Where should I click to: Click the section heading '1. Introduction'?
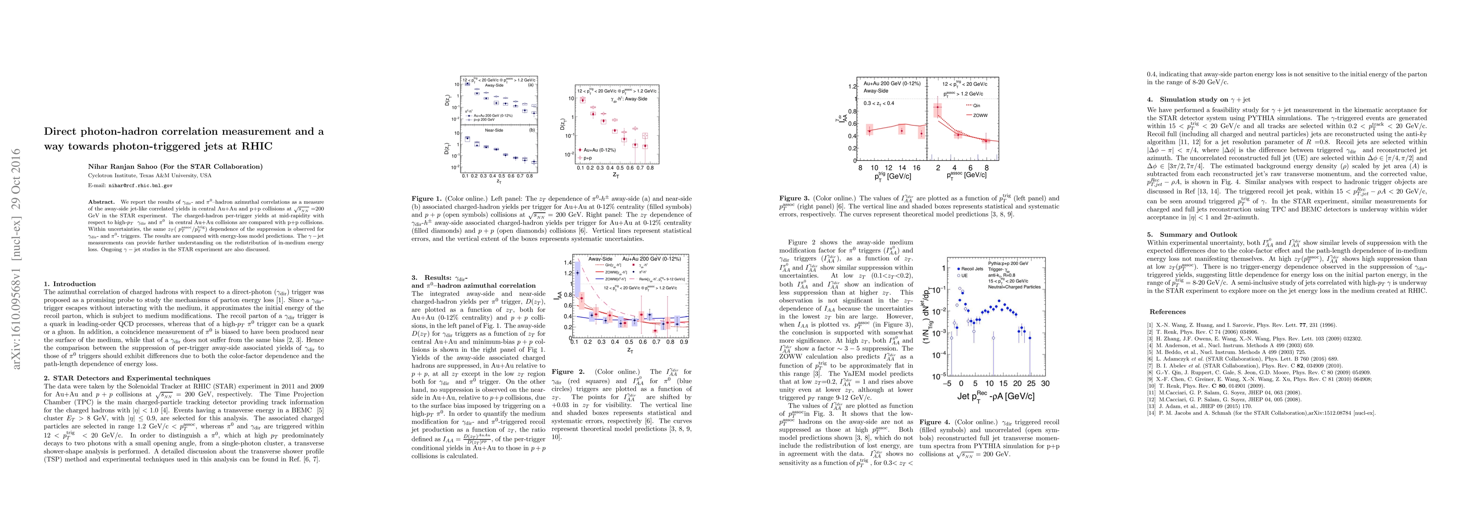coord(70,284)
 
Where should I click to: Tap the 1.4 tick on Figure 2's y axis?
coord(568,262)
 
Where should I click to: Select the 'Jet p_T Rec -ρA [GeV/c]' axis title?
coord(997,396)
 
